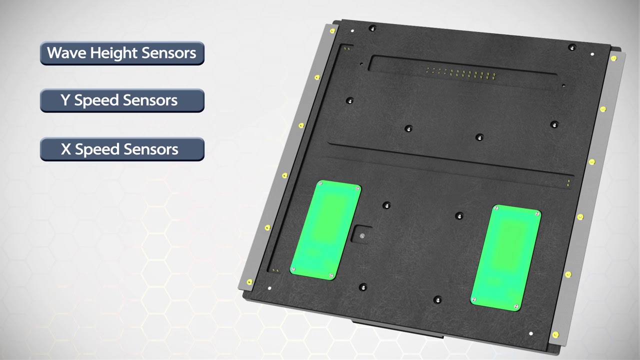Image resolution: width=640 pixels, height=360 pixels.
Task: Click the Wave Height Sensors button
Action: [122, 53]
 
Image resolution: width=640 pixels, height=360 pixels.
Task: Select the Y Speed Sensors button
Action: [122, 100]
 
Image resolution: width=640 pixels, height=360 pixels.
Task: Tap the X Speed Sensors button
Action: [122, 149]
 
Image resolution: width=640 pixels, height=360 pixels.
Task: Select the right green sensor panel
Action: [505, 257]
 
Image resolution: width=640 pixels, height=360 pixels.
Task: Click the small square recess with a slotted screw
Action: [361, 235]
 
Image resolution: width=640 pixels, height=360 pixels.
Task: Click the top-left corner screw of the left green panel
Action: [320, 184]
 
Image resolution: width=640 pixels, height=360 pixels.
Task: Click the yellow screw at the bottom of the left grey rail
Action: [249, 282]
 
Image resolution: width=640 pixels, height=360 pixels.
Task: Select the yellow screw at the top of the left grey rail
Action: [332, 31]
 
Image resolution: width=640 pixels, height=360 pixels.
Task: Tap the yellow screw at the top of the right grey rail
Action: [613, 58]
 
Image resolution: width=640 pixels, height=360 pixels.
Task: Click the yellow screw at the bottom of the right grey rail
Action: [555, 334]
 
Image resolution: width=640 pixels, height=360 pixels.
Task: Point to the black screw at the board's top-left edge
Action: [371, 28]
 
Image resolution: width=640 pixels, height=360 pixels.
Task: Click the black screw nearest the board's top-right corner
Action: [572, 47]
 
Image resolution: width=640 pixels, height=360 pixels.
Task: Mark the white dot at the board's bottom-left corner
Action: [269, 288]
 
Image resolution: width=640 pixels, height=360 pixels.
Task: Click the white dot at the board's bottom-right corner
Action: [530, 333]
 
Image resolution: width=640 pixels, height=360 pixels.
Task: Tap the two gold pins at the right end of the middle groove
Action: [568, 183]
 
